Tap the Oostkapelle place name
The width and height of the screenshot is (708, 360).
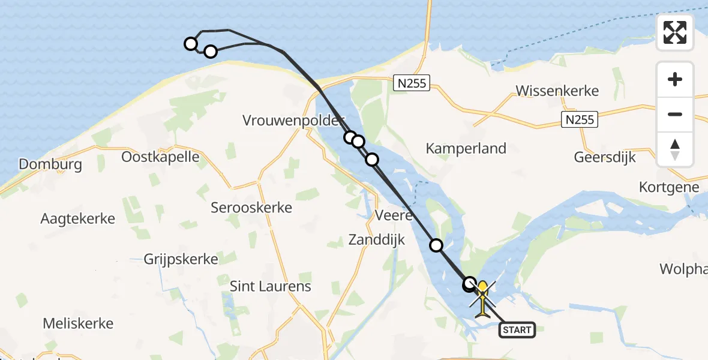coord(160,157)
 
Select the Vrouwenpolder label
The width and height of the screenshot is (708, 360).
coord(293,120)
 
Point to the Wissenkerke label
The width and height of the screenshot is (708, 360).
coord(557,91)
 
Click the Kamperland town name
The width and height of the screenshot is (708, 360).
coord(466,148)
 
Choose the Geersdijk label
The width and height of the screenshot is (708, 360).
coord(605,157)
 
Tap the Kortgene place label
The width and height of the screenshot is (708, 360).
coord(669,187)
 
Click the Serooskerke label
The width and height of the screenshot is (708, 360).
coord(251,208)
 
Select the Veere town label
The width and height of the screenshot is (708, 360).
coord(393,215)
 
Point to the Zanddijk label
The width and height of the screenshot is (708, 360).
coord(377,240)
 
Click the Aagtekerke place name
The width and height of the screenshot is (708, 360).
coord(77,218)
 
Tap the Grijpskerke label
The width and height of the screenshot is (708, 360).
coord(181,259)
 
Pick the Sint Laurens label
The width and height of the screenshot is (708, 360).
coord(271,286)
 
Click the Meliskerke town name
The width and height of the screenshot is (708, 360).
coord(78,323)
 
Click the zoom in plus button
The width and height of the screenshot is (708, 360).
coord(675,79)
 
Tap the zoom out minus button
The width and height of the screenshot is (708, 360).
coord(675,114)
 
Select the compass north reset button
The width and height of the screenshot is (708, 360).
coord(675,149)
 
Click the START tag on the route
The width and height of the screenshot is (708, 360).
coord(517,329)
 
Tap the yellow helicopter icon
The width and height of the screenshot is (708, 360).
coord(483,298)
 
